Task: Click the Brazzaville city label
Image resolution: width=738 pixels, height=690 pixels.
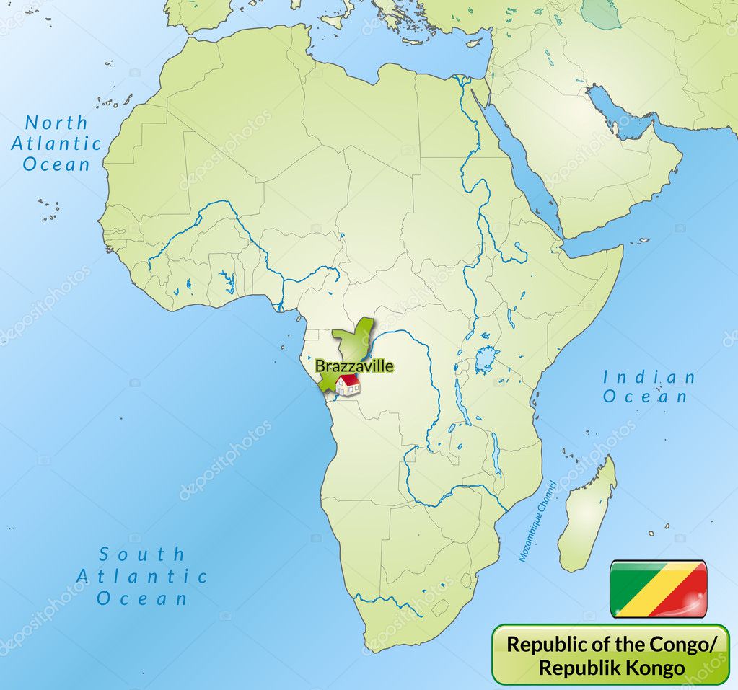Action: pyautogui.click(x=354, y=366)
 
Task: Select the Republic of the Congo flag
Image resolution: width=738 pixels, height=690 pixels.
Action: pyautogui.click(x=658, y=589)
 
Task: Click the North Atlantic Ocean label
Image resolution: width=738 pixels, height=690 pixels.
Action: pyautogui.click(x=56, y=143)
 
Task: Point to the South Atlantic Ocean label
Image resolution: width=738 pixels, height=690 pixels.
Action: pyautogui.click(x=142, y=576)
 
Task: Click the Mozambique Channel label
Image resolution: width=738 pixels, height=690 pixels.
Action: pyautogui.click(x=537, y=521)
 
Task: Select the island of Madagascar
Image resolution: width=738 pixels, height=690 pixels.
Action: pyautogui.click(x=587, y=513)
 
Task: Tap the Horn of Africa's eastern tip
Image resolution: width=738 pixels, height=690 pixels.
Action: pyautogui.click(x=620, y=248)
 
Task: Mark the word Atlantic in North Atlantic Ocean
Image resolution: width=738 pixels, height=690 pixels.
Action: pyautogui.click(x=56, y=143)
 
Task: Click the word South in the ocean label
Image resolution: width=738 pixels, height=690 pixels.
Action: pyautogui.click(x=142, y=554)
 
